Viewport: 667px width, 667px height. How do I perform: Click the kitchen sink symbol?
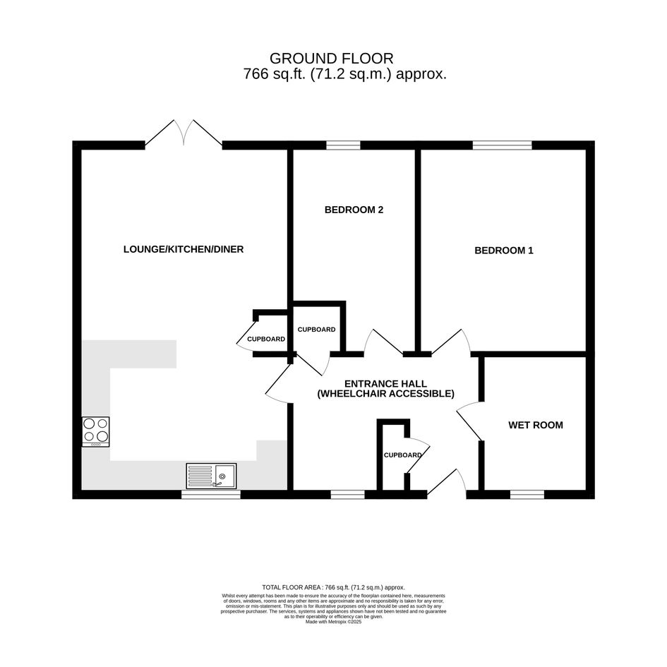(212, 476)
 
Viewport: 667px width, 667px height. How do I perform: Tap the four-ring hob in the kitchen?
(96, 432)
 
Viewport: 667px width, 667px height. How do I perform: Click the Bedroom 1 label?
(504, 251)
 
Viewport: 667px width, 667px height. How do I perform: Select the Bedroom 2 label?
(354, 210)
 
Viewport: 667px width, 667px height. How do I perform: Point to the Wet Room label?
(536, 425)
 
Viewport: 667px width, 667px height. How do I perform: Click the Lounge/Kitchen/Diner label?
(184, 249)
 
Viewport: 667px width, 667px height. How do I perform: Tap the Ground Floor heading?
(331, 59)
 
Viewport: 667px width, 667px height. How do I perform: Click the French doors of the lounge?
(184, 133)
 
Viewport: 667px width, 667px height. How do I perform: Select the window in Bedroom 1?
(503, 145)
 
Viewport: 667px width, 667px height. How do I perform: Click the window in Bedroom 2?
(343, 145)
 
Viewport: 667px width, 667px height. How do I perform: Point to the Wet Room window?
(527, 494)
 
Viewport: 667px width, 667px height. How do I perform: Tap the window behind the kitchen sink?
(211, 494)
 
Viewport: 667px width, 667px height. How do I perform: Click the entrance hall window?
(348, 494)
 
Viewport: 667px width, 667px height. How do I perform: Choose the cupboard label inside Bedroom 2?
(316, 330)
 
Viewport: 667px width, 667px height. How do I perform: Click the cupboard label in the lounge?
(266, 339)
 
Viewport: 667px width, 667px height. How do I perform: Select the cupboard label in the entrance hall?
(403, 455)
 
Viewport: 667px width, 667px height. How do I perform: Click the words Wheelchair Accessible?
(386, 394)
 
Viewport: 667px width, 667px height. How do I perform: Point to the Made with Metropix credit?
(333, 622)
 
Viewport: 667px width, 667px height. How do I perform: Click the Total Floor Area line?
(333, 587)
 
